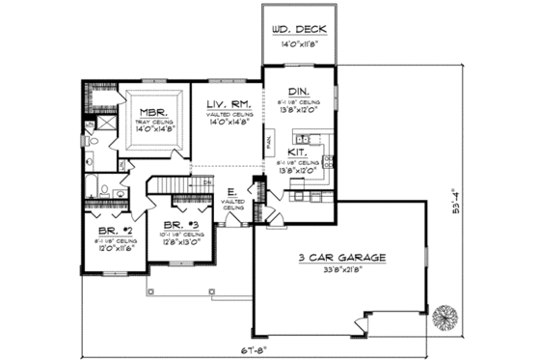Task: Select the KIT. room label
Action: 297,153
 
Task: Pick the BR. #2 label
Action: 107,233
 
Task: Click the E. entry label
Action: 232,193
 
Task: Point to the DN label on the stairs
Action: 207,181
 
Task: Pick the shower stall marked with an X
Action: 89,124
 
